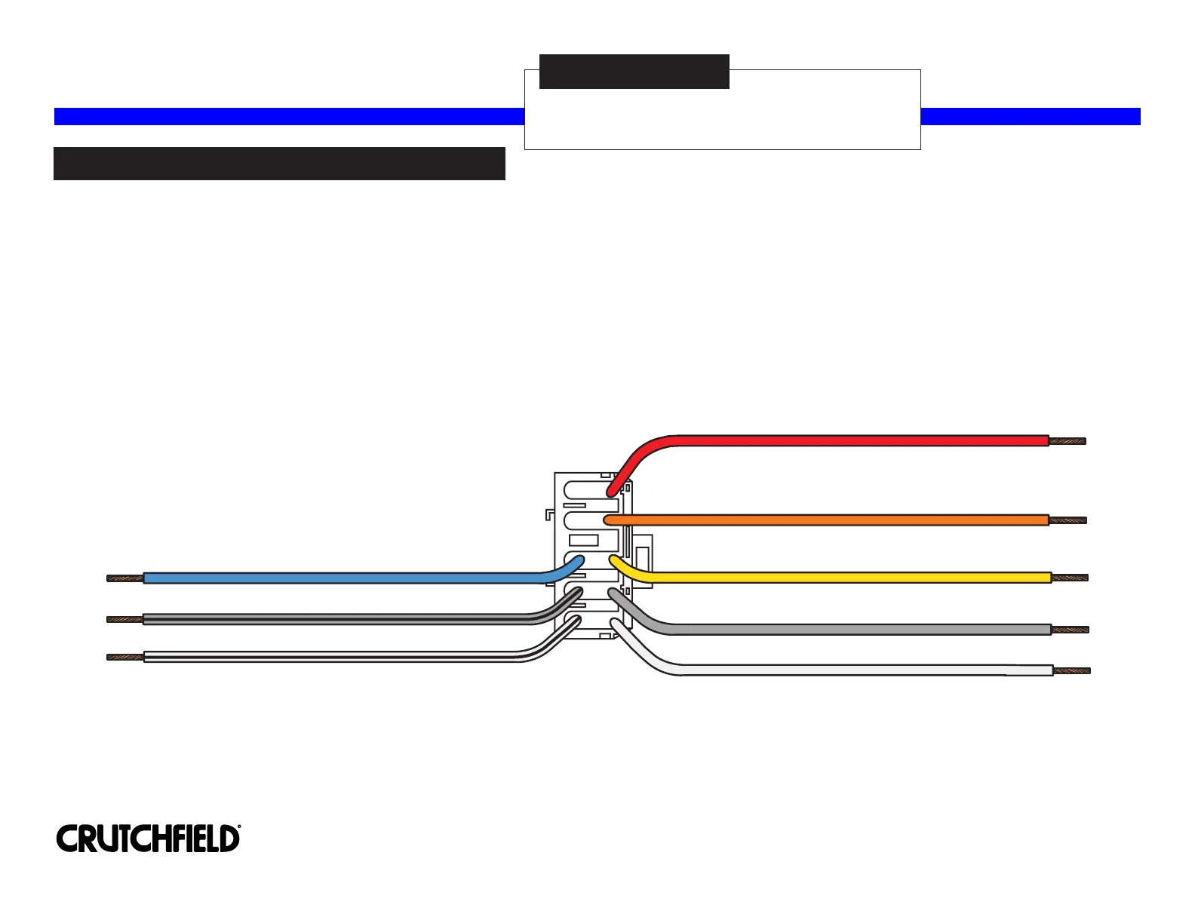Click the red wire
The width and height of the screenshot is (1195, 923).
pyautogui.click(x=830, y=440)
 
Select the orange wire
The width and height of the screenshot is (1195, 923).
pyautogui.click(x=830, y=520)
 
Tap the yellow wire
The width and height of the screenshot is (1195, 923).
pyautogui.click(x=830, y=578)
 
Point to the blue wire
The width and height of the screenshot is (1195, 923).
pyautogui.click(x=339, y=578)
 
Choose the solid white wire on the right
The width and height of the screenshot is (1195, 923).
pyautogui.click(x=830, y=670)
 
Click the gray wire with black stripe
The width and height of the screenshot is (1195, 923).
pyautogui.click(x=339, y=619)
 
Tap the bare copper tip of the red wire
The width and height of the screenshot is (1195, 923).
pyautogui.click(x=1068, y=441)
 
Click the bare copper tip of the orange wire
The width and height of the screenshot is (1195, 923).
pyautogui.click(x=1068, y=520)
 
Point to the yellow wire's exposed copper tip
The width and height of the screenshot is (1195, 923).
pyautogui.click(x=1071, y=578)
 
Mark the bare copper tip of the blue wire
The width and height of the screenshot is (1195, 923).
pyautogui.click(x=125, y=578)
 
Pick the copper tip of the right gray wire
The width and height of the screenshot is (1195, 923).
pyautogui.click(x=1071, y=630)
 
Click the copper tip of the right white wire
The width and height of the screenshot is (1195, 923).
pyautogui.click(x=1072, y=670)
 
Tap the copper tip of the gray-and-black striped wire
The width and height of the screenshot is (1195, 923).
pyautogui.click(x=125, y=619)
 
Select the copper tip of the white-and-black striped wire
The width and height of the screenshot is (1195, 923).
pyautogui.click(x=125, y=658)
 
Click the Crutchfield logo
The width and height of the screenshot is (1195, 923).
pyautogui.click(x=149, y=839)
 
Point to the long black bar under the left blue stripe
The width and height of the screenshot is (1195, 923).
pyautogui.click(x=279, y=164)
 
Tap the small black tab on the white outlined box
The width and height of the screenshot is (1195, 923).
pyautogui.click(x=634, y=72)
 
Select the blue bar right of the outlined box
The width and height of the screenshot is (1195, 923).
pyautogui.click(x=1031, y=116)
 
